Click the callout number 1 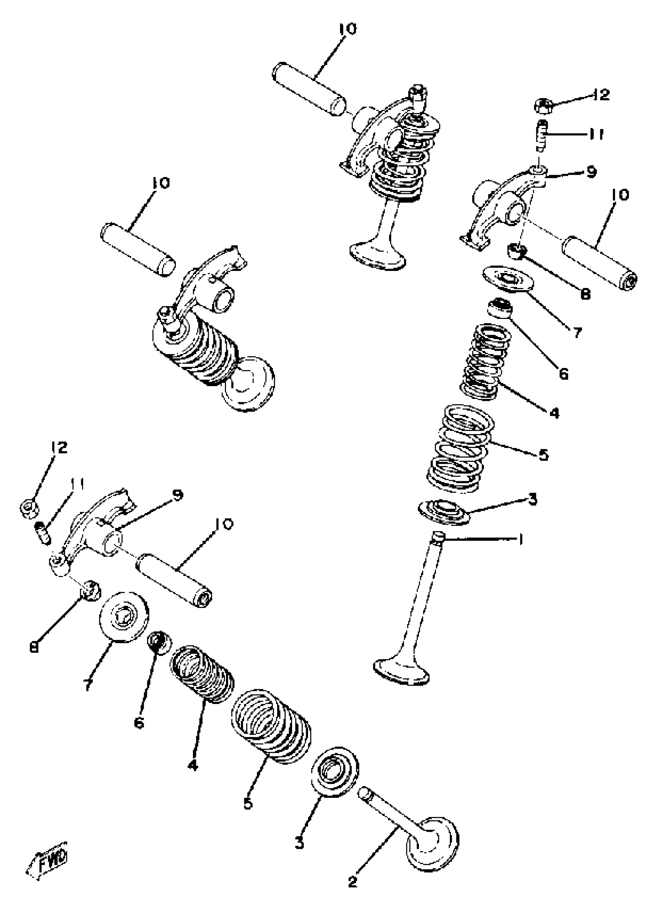coord(521,539)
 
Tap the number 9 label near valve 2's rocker coord(177,495)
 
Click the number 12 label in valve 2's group coord(59,447)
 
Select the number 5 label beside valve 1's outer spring coord(543,455)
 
